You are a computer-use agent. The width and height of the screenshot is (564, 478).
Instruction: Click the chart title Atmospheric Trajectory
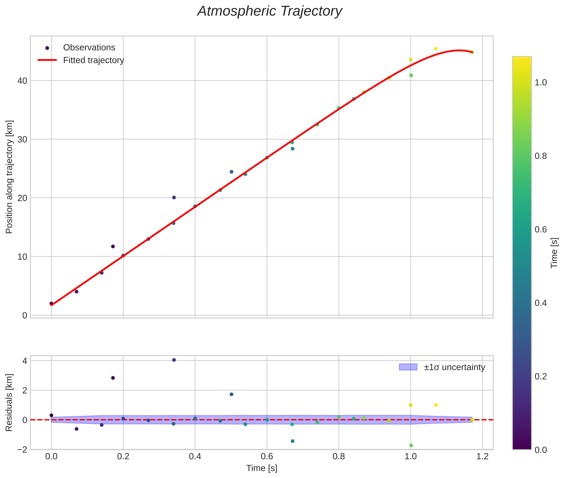(270, 11)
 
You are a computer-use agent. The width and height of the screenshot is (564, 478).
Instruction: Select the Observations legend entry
(89, 48)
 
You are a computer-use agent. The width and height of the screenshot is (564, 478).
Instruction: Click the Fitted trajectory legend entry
(93, 60)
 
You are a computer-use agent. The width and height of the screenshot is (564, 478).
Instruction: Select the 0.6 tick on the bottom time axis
(267, 456)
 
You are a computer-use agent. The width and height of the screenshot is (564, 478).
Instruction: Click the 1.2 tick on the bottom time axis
(482, 456)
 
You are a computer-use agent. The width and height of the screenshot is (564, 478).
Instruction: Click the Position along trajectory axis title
(10, 177)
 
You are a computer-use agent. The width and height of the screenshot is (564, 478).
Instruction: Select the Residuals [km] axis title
(10, 402)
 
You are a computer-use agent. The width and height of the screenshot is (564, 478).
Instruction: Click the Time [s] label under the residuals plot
(262, 468)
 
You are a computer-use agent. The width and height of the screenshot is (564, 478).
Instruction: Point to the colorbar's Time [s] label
(554, 253)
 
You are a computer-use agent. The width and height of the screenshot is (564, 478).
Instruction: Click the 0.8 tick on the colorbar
(540, 156)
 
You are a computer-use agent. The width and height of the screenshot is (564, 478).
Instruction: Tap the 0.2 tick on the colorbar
(540, 376)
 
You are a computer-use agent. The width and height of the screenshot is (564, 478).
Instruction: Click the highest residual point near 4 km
(174, 360)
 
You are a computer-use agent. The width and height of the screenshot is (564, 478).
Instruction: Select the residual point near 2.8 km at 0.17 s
(113, 378)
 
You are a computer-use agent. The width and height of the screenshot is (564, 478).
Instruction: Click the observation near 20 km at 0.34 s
(174, 197)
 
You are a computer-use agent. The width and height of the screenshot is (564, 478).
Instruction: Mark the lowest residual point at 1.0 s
(411, 445)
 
